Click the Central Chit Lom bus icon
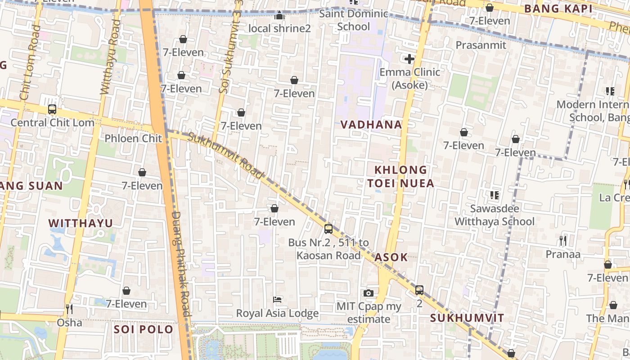(52, 109)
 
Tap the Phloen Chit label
(133, 138)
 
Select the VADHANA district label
(371, 125)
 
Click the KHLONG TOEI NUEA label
(400, 176)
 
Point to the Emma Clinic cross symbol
(409, 59)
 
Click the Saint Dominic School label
(354, 20)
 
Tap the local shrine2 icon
(279, 16)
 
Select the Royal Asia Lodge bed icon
(278, 300)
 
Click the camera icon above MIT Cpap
(369, 293)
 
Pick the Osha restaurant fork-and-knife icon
(69, 309)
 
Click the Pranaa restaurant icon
(563, 241)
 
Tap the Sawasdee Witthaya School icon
(495, 195)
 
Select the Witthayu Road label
(110, 57)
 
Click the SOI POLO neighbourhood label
(144, 329)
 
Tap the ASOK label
(391, 257)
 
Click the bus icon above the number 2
(419, 290)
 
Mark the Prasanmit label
(481, 45)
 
